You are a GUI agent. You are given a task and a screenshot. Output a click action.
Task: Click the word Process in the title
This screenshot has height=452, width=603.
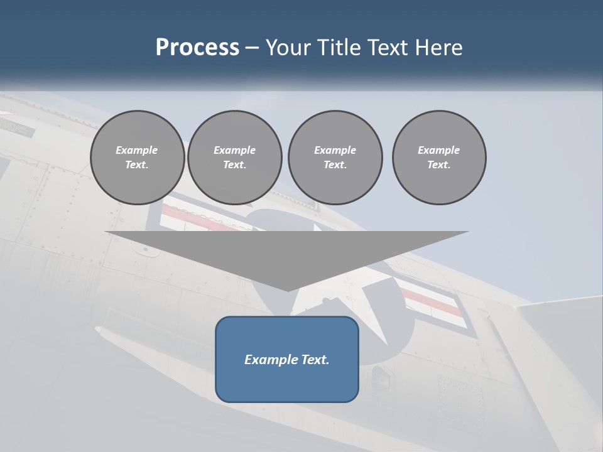pos(197,47)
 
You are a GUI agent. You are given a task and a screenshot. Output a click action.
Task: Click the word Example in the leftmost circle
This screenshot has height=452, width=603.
pos(137,150)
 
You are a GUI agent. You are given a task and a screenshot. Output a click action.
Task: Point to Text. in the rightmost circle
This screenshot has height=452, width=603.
pos(439,165)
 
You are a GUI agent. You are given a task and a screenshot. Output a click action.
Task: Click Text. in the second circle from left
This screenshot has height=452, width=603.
pos(234,165)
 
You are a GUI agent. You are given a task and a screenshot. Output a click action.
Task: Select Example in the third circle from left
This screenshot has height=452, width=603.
pos(335,150)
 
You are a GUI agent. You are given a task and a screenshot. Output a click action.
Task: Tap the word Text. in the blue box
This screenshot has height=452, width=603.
pos(314,360)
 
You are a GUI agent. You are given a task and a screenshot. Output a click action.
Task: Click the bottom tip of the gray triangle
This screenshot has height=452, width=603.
pos(288,290)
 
